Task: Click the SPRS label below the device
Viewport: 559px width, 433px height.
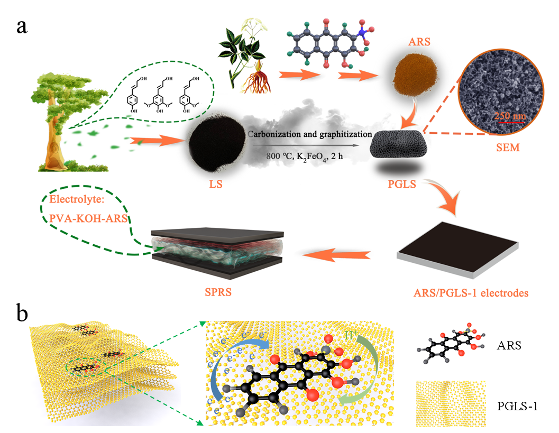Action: tap(218, 292)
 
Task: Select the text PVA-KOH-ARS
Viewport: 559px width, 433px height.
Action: tap(88, 217)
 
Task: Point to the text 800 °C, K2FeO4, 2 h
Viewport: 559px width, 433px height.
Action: tap(310, 155)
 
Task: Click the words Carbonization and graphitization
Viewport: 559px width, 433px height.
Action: tap(310, 134)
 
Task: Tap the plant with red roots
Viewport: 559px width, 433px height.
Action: tap(244, 53)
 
